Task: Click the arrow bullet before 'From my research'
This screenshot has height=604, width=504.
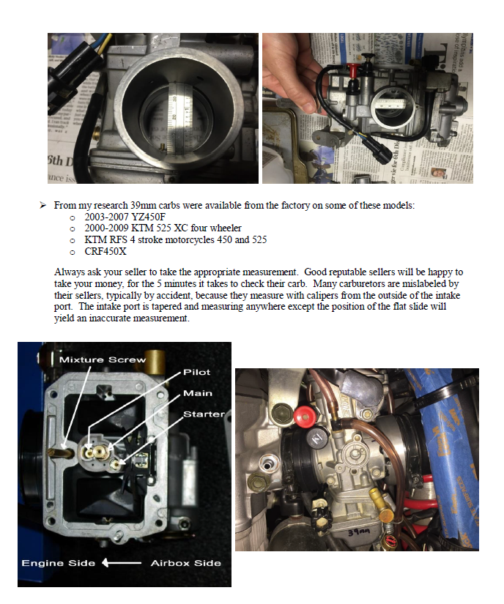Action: [43, 206]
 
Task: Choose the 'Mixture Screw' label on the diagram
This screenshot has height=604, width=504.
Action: [103, 359]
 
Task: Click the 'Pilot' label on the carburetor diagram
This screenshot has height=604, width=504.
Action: [196, 372]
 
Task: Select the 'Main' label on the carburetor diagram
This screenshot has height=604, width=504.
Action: [197, 393]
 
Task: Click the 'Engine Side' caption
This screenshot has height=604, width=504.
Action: [58, 563]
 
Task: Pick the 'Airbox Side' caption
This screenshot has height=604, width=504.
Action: [185, 563]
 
